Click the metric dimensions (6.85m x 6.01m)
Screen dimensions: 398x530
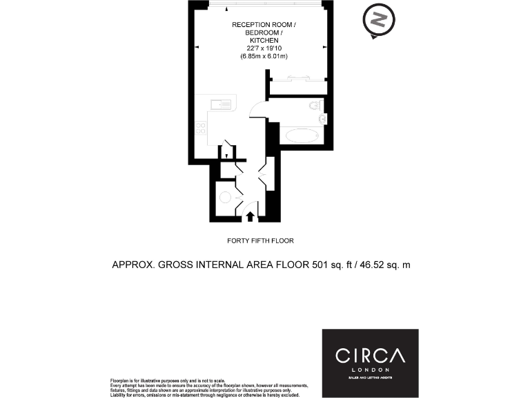[262, 56]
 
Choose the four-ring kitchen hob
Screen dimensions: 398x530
[201, 127]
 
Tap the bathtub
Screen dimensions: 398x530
[300, 135]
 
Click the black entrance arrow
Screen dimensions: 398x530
[251, 216]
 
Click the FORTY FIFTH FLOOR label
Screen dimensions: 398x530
[260, 241]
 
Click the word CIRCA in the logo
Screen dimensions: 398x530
[370, 356]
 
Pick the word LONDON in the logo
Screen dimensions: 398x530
[370, 370]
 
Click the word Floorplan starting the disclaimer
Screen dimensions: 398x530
[121, 381]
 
